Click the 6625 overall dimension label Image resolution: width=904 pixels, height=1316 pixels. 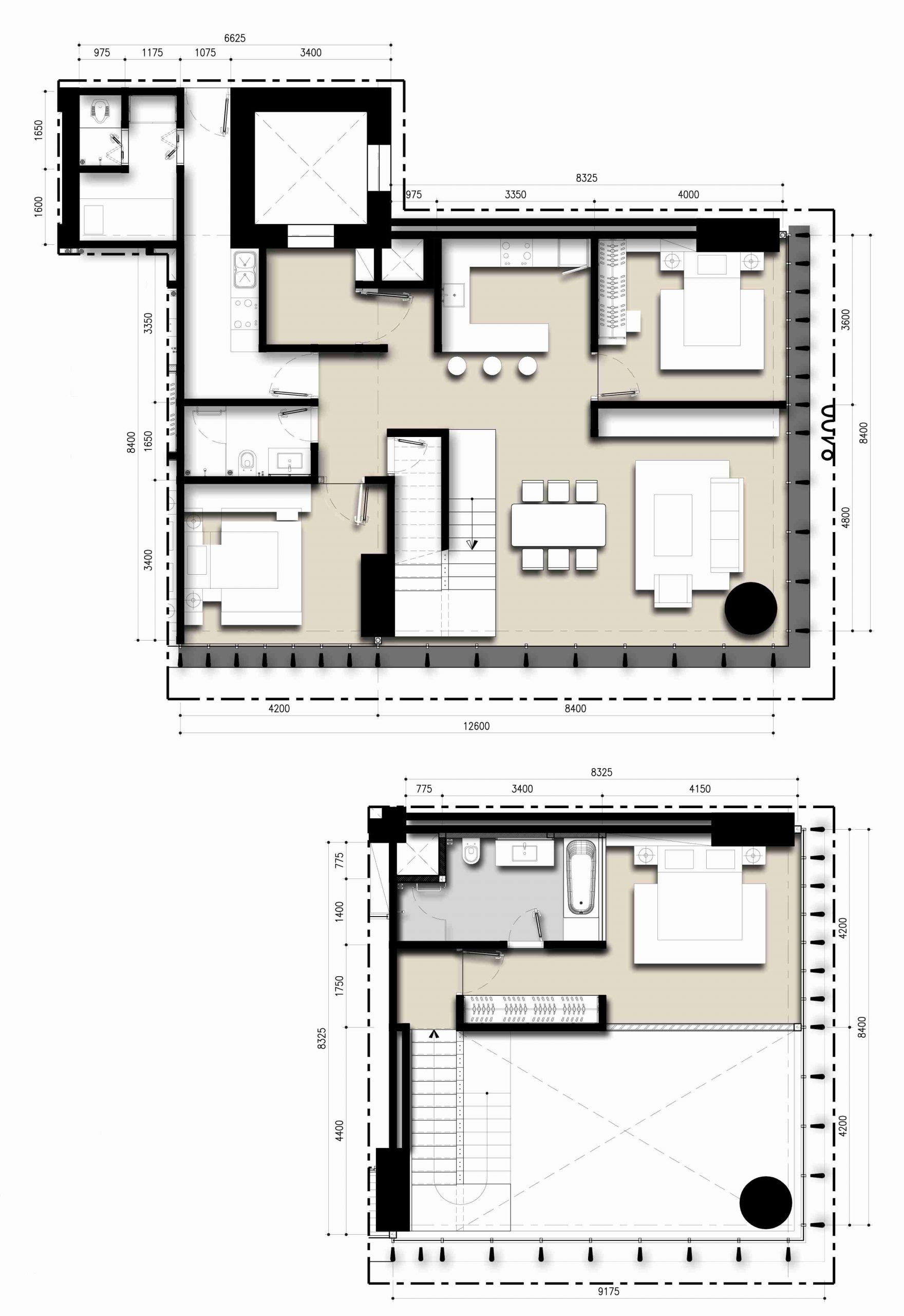(x=235, y=38)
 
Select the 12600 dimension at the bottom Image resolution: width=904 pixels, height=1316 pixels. (x=476, y=726)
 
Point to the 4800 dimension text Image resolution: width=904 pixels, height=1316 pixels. (x=845, y=518)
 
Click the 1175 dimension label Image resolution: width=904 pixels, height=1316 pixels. (x=152, y=53)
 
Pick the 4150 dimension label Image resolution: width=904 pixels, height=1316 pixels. (x=700, y=789)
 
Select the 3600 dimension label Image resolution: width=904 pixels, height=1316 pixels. (x=845, y=320)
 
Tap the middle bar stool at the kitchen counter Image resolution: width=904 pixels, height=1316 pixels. (x=492, y=366)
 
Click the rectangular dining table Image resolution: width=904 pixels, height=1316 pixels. (x=558, y=525)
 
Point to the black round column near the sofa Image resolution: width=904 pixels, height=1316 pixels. (x=750, y=608)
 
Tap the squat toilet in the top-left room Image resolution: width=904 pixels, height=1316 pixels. (x=100, y=110)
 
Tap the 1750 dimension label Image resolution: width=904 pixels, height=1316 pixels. (x=338, y=985)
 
